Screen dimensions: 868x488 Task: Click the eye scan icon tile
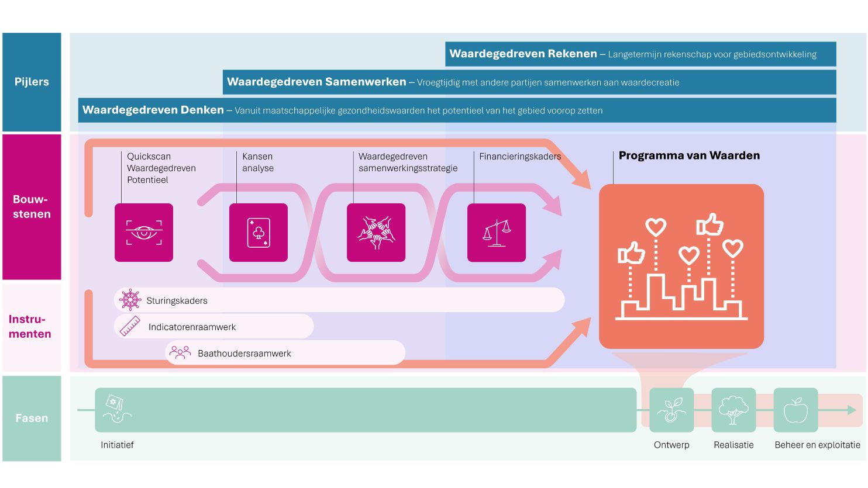[144, 233]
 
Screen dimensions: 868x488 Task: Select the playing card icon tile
[259, 233]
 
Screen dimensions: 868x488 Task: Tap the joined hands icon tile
[376, 233]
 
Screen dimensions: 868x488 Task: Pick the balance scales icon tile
[497, 233]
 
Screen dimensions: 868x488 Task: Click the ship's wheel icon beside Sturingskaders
[130, 300]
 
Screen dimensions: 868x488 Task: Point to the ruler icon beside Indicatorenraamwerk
[130, 326]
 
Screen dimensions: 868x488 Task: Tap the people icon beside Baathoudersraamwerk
[180, 352]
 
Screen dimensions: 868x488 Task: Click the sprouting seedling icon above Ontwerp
[671, 410]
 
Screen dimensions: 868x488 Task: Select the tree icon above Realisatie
[733, 410]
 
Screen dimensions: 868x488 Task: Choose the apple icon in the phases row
[795, 410]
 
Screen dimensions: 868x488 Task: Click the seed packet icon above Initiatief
[116, 409]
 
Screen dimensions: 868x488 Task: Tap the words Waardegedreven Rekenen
[523, 54]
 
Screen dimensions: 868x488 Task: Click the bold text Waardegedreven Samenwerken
[316, 82]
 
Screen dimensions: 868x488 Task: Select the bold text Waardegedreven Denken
[153, 110]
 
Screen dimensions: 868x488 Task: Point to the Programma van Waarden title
[689, 155]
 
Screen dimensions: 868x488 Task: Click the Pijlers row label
[32, 82]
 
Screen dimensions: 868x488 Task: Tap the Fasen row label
[32, 418]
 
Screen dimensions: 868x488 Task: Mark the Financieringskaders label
[520, 157]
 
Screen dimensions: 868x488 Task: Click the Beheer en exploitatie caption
[817, 445]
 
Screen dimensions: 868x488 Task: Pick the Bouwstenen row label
[32, 206]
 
